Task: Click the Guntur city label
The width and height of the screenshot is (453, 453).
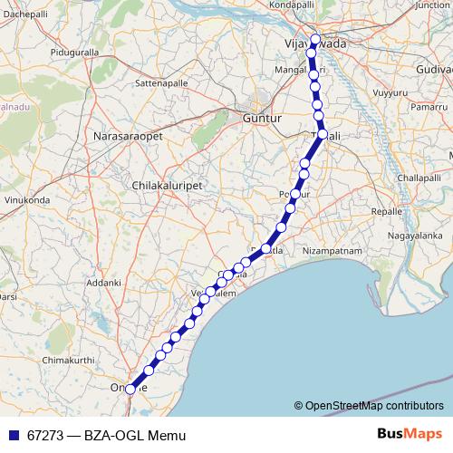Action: pos(263,119)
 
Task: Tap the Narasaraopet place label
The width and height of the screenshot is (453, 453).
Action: pos(127,137)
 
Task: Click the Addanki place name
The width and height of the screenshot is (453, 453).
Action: pos(103,283)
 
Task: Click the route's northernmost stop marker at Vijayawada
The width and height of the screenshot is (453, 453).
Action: pos(314,41)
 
